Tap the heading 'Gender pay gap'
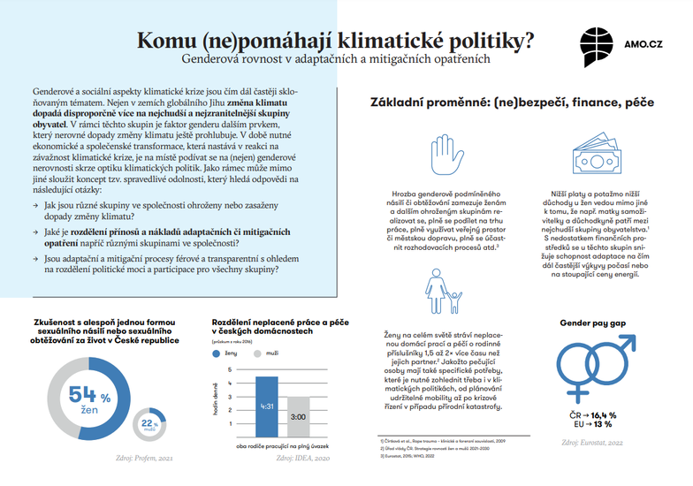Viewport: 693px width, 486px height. [x=589, y=323]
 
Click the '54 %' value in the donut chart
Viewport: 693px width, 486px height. [x=88, y=397]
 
